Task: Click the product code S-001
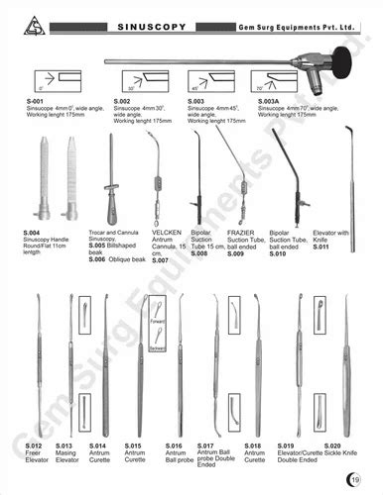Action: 37,101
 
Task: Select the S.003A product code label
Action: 269,101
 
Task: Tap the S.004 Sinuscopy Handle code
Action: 33,231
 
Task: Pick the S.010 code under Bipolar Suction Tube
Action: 281,253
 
